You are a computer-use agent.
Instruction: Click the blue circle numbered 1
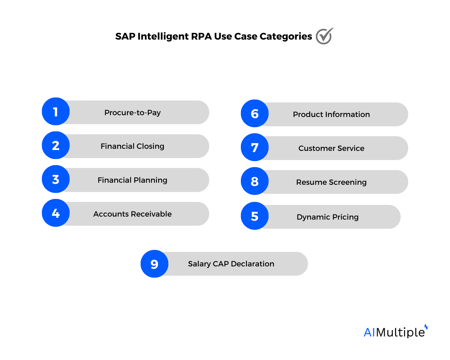pyautogui.click(x=56, y=112)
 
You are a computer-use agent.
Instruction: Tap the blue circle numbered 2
pyautogui.click(x=56, y=145)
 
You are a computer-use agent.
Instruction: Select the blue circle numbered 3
pyautogui.click(x=56, y=179)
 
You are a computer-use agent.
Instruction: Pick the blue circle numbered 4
pyautogui.click(x=56, y=213)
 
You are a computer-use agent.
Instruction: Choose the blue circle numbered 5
pyautogui.click(x=255, y=216)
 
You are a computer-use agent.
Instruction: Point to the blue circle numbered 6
pyautogui.click(x=255, y=113)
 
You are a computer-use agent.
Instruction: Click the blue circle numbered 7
pyautogui.click(x=255, y=147)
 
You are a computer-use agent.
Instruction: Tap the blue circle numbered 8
pyautogui.click(x=255, y=181)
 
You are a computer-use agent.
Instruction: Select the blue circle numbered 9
pyautogui.click(x=154, y=264)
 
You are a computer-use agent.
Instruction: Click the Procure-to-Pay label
pyautogui.click(x=133, y=112)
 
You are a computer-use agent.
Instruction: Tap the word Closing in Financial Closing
pyautogui.click(x=150, y=146)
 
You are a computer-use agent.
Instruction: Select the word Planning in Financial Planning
pyautogui.click(x=150, y=180)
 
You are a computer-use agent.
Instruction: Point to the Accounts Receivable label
pyautogui.click(x=133, y=214)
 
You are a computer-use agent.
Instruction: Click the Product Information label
pyautogui.click(x=331, y=114)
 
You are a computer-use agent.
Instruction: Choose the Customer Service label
pyautogui.click(x=331, y=148)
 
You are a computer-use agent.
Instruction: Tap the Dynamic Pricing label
pyautogui.click(x=328, y=217)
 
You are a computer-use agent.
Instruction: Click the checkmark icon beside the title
pyautogui.click(x=324, y=36)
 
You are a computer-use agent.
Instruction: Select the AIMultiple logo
pyautogui.click(x=396, y=331)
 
